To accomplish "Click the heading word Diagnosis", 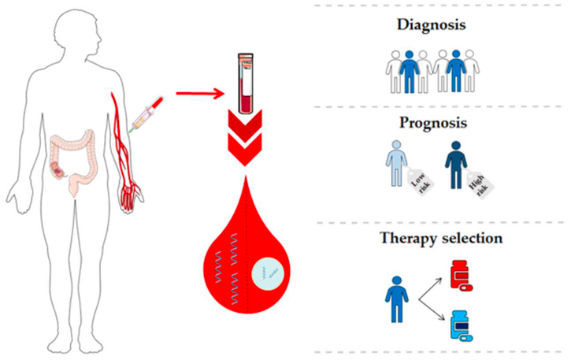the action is (x=431, y=25).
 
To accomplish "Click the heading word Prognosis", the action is (x=433, y=123).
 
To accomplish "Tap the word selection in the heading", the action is (x=471, y=238).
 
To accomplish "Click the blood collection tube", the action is (x=246, y=83).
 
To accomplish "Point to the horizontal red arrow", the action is (x=200, y=94).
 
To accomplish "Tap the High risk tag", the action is (x=479, y=184).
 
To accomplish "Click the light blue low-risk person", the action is (x=396, y=163).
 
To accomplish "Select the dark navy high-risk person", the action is (x=455, y=165).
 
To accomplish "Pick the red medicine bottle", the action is (x=461, y=276).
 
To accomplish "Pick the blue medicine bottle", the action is (x=461, y=325).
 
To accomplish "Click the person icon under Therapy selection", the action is (x=397, y=299).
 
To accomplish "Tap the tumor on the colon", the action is (x=58, y=169).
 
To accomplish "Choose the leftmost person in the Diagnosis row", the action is (x=395, y=72).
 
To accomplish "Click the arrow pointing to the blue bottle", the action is (x=432, y=310).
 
